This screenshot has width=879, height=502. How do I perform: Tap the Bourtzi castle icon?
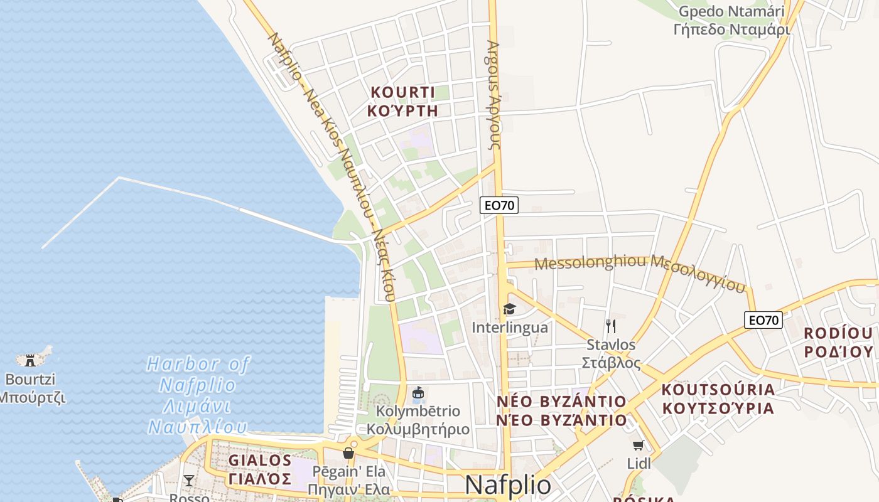[30, 360]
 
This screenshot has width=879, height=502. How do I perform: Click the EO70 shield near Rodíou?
[763, 320]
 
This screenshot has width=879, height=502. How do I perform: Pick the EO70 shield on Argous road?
[499, 205]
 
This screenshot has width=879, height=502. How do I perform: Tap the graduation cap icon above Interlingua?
[509, 309]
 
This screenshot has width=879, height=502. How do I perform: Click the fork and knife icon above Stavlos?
[611, 326]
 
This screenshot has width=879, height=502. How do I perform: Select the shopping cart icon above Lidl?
[639, 446]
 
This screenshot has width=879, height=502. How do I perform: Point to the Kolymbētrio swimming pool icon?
[418, 394]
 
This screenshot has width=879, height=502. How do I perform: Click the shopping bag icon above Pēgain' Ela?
[348, 453]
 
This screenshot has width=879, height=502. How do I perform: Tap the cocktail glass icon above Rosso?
[188, 481]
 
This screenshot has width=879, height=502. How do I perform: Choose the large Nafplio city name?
[508, 485]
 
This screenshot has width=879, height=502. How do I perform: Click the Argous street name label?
[493, 94]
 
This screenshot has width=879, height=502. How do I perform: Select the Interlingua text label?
[509, 328]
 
